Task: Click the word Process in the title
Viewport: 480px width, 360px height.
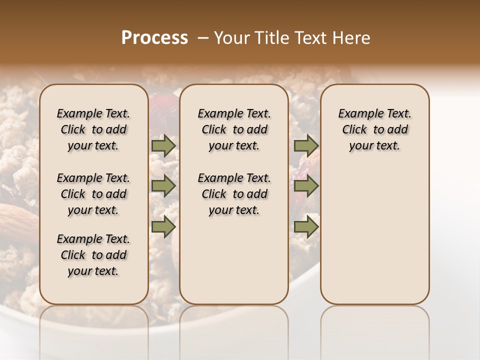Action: click(154, 38)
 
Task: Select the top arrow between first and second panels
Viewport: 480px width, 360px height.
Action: click(163, 145)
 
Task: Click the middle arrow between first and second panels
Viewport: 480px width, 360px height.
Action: click(163, 186)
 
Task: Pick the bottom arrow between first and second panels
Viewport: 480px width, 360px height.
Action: click(163, 226)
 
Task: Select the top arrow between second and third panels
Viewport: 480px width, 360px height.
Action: click(306, 145)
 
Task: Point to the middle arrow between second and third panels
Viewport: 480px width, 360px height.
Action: click(306, 186)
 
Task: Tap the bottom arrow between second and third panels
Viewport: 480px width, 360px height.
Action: click(306, 226)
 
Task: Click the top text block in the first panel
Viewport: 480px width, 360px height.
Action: click(93, 129)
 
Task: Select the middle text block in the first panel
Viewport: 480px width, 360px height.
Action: click(93, 194)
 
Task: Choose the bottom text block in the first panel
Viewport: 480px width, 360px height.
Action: click(93, 255)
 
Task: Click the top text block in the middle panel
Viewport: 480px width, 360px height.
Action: click(234, 129)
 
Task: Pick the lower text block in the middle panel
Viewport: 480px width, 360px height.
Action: click(234, 194)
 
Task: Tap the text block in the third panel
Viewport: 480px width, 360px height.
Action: click(375, 129)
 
